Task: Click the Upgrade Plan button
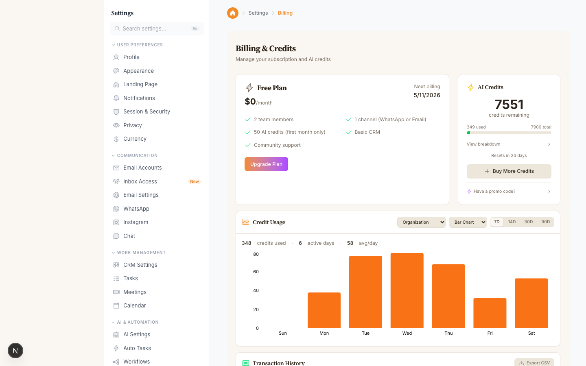pyautogui.click(x=266, y=164)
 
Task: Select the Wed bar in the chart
pyautogui.click(x=407, y=290)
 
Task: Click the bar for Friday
pyautogui.click(x=490, y=313)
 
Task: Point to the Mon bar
pyautogui.click(x=324, y=310)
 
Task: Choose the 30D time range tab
pyautogui.click(x=528, y=222)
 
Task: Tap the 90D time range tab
pyautogui.click(x=545, y=222)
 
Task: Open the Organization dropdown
pyautogui.click(x=421, y=222)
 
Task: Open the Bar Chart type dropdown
pyautogui.click(x=468, y=222)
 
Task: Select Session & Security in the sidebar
pyautogui.click(x=146, y=111)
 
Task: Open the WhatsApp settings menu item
pyautogui.click(x=136, y=209)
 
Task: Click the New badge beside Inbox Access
pyautogui.click(x=195, y=182)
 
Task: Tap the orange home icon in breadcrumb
pyautogui.click(x=233, y=13)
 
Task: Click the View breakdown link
pyautogui.click(x=483, y=144)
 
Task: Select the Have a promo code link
pyautogui.click(x=494, y=192)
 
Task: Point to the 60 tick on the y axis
pyautogui.click(x=256, y=272)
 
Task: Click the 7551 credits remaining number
pyautogui.click(x=509, y=105)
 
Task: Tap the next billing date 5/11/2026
pyautogui.click(x=427, y=95)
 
